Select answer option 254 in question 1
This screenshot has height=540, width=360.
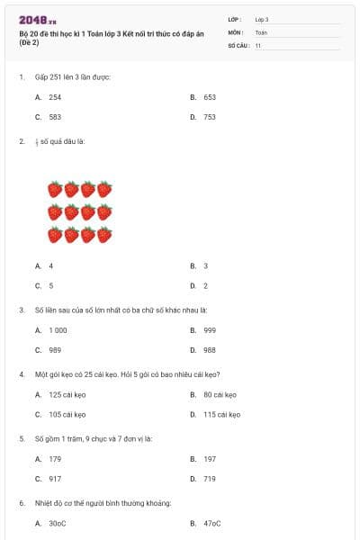(x=55, y=96)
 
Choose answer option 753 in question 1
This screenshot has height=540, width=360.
(x=210, y=117)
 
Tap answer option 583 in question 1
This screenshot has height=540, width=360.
(x=55, y=117)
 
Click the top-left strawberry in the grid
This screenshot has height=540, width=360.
(x=55, y=189)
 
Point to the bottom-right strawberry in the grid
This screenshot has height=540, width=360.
(x=104, y=235)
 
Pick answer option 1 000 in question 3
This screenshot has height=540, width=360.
(x=58, y=330)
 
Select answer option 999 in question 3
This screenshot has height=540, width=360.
(x=210, y=330)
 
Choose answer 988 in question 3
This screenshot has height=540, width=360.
(x=210, y=350)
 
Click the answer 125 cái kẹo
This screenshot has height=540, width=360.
(x=67, y=394)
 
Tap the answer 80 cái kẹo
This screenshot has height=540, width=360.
(x=220, y=394)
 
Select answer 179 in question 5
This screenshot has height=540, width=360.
(x=55, y=459)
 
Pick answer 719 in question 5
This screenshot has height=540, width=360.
(x=210, y=479)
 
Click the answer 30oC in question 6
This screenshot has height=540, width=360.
(x=58, y=523)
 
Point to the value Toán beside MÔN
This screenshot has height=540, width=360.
(x=261, y=31)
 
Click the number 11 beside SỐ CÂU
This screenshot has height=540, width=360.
(x=258, y=45)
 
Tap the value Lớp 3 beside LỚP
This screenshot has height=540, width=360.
(x=262, y=18)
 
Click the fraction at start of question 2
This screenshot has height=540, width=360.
(x=37, y=141)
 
